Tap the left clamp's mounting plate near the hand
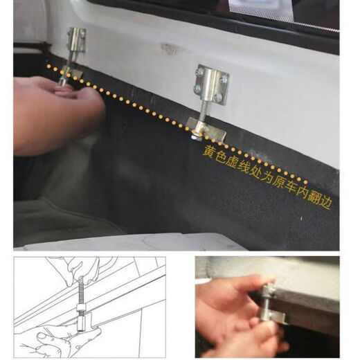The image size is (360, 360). pyautogui.click(x=75, y=42)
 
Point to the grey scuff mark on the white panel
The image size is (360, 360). pyautogui.click(x=169, y=49)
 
